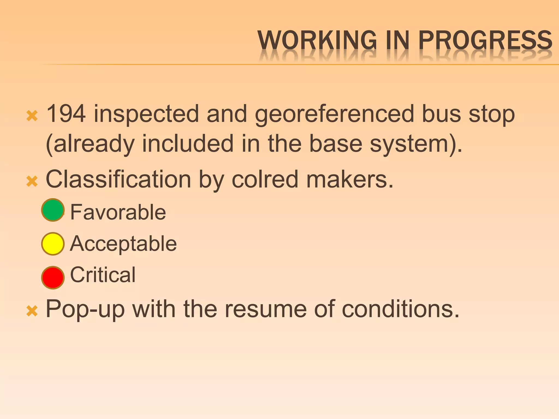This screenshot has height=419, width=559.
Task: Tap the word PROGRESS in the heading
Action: (485, 40)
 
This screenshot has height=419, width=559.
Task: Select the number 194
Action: (66, 114)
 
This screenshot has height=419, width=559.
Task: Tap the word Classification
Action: (118, 179)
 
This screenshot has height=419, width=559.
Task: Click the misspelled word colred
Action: (265, 179)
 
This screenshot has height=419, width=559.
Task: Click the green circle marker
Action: (53, 210)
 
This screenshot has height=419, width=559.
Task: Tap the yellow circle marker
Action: (53, 244)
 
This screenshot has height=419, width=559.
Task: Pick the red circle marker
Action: (53, 277)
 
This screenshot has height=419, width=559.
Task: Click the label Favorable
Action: (118, 212)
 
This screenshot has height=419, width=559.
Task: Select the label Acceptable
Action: (123, 244)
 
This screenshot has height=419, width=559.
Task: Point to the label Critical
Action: (103, 275)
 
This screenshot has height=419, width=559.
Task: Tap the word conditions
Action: (400, 309)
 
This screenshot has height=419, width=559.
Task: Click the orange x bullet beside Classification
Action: (32, 181)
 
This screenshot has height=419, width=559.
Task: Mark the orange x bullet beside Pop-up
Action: (32, 311)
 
